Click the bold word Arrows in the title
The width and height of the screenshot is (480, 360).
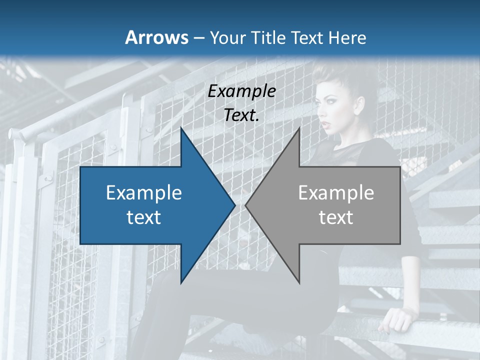156,37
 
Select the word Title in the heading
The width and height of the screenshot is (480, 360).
268,37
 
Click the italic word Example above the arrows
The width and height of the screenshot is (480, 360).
242,91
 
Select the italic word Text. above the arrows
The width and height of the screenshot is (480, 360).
242,115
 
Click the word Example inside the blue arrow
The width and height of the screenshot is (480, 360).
144,192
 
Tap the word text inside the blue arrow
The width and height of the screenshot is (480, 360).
144,217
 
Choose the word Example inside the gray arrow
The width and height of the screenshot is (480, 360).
336,192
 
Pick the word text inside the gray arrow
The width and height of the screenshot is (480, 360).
336,217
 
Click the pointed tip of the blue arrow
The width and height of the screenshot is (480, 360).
234,205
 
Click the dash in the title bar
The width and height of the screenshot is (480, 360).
198,37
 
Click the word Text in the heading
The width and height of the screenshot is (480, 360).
306,37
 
